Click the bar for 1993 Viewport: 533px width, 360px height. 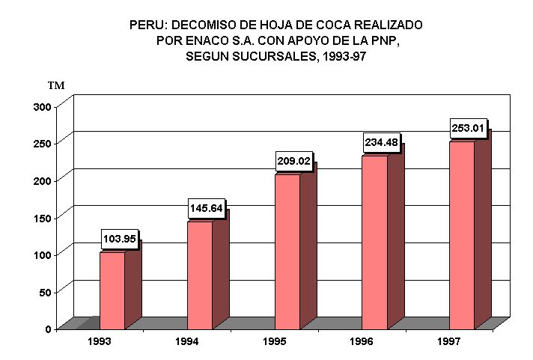pyautogui.click(x=112, y=290)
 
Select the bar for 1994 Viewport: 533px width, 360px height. pyautogui.click(x=200, y=275)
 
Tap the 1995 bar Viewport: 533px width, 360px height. pyautogui.click(x=287, y=251)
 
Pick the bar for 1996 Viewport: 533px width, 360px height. pyautogui.click(x=374, y=242)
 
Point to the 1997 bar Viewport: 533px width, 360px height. pyautogui.click(x=462, y=235)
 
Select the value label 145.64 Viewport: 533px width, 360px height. pyautogui.click(x=206, y=208)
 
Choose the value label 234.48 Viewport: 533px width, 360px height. pyautogui.click(x=381, y=142)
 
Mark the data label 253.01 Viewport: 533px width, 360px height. pyautogui.click(x=469, y=128)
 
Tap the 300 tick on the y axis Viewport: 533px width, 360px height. pyautogui.click(x=42, y=106)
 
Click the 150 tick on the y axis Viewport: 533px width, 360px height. pyautogui.click(x=42, y=217)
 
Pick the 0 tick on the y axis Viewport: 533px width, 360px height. pyautogui.click(x=47, y=329)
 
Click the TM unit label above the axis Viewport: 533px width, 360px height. pyautogui.click(x=56, y=85)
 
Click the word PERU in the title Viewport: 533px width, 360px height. pyautogui.click(x=147, y=25)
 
